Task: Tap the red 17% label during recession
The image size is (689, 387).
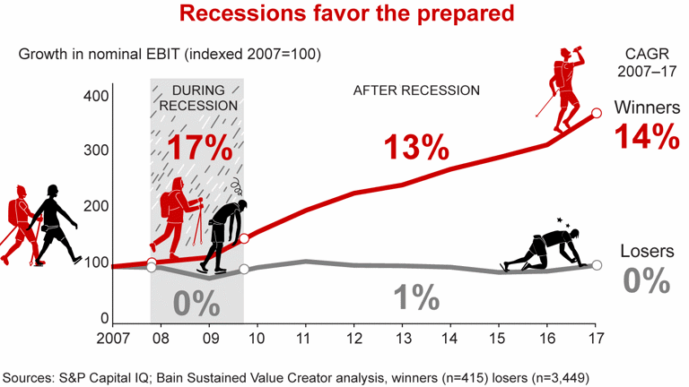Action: pos(200,148)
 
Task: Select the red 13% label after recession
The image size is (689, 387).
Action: pos(416,146)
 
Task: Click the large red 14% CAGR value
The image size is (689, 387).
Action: pos(643,136)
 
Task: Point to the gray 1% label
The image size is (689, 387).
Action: pos(415,297)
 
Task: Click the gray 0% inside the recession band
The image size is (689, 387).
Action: pos(196,304)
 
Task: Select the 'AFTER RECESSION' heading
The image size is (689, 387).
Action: pos(417,90)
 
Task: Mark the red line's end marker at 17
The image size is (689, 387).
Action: pos(597,114)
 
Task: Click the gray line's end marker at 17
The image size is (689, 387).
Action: pos(597,264)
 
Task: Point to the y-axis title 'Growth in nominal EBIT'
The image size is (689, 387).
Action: pos(170,54)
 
